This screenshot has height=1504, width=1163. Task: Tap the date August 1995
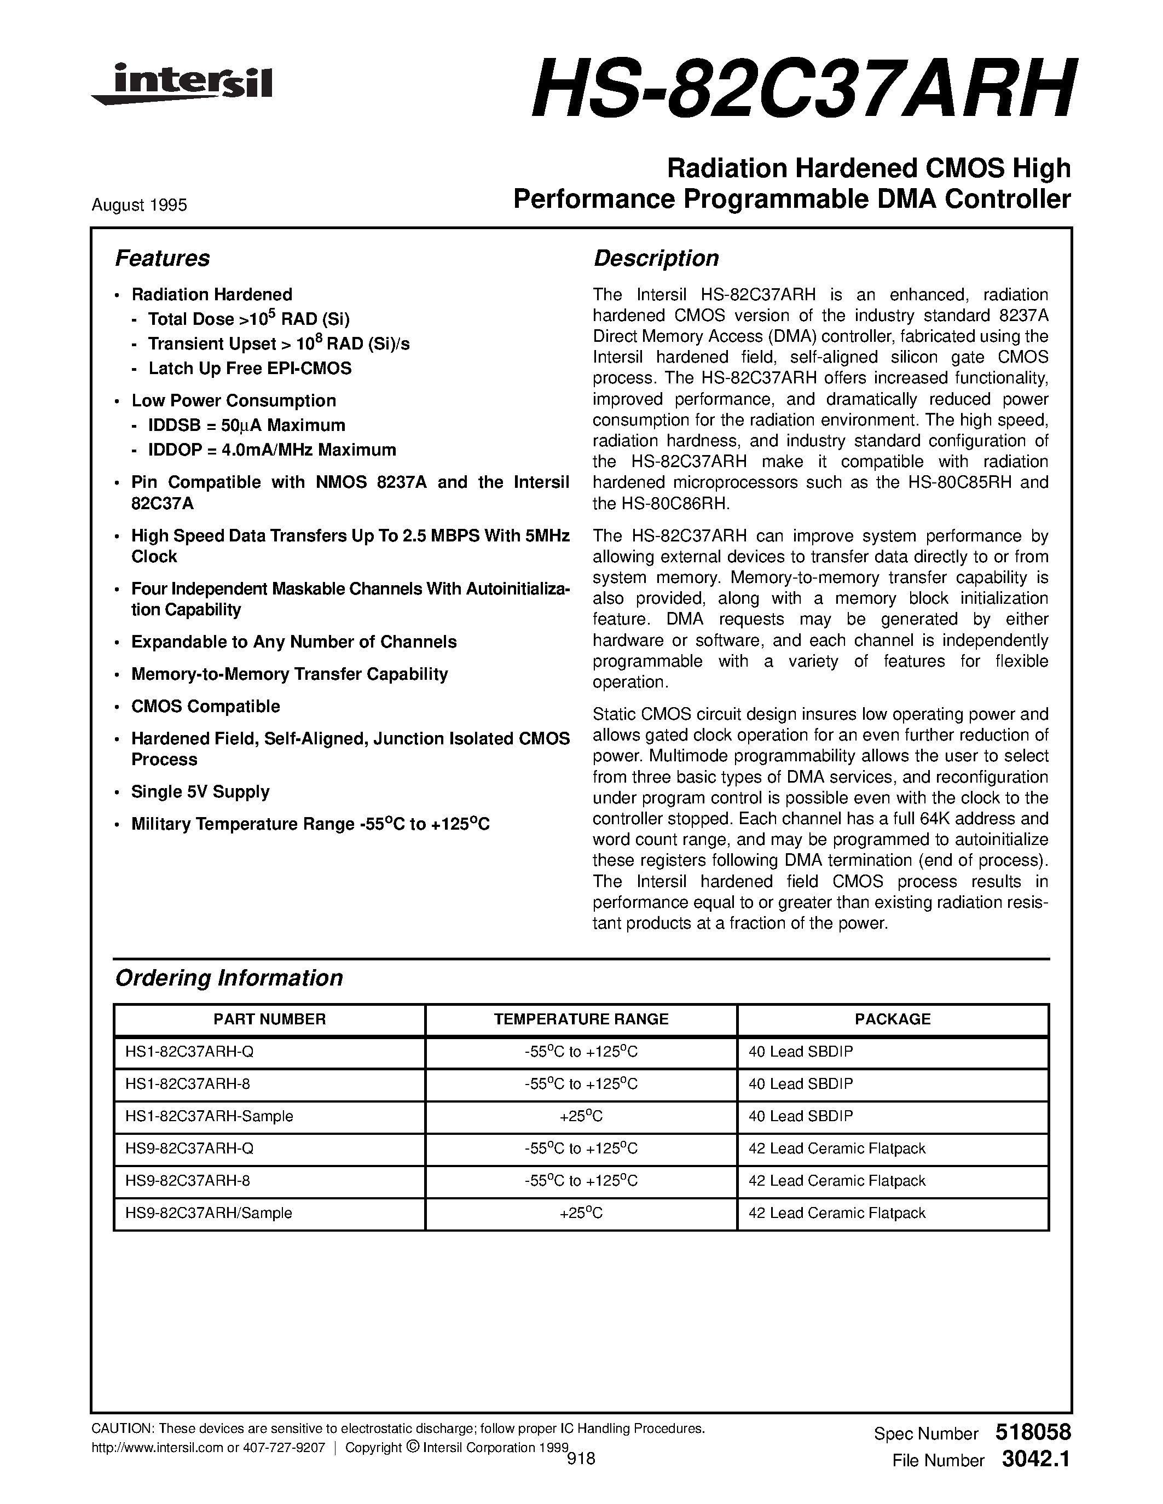[x=139, y=205]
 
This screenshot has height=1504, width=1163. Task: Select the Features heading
[x=162, y=258]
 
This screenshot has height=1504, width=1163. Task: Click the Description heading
[x=656, y=258]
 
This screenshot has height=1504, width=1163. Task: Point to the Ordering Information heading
[x=229, y=978]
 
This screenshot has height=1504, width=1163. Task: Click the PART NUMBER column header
[x=269, y=1019]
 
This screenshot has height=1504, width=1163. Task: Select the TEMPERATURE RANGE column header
[x=581, y=1019]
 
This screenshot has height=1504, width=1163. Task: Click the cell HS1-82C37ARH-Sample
[x=210, y=1116]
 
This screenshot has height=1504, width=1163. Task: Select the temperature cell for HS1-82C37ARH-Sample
[x=581, y=1116]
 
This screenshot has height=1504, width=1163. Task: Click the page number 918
[x=581, y=1459]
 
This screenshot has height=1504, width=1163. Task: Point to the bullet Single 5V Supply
[x=200, y=792]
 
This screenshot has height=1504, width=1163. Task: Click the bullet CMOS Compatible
[x=205, y=707]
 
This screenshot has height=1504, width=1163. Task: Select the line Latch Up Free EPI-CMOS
[x=250, y=369]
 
